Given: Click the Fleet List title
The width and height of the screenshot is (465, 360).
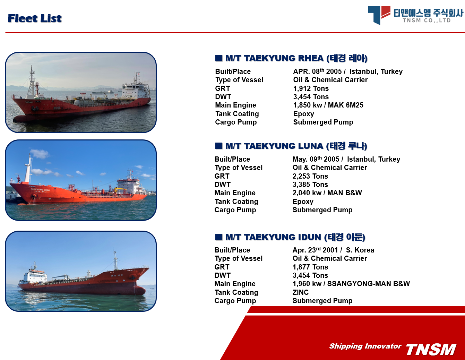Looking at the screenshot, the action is click(35, 18).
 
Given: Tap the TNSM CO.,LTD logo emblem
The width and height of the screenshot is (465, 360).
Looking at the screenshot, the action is click(379, 15).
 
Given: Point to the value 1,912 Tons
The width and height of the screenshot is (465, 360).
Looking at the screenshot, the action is click(311, 88).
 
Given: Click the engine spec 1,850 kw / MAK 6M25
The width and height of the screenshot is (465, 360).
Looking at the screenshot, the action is click(328, 105).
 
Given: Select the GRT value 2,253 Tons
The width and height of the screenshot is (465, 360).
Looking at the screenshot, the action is click(310, 176).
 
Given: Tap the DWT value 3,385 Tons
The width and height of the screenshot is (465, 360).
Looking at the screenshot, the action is click(310, 185).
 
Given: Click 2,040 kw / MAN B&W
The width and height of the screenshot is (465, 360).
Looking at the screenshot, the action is click(327, 193).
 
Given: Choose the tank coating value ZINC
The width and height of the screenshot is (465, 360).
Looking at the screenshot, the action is click(300, 292).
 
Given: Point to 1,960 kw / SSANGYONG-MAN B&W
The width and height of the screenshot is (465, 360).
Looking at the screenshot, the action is click(351, 284).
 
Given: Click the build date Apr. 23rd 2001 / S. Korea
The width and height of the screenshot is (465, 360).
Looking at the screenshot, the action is click(333, 250).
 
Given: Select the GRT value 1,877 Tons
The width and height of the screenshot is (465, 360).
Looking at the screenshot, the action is click(310, 267).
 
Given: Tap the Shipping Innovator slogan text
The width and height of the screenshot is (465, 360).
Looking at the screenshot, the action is click(365, 346).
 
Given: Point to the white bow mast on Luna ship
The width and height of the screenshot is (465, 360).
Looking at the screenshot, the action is click(28, 169).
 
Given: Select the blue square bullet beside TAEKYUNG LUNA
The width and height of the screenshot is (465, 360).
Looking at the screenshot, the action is click(218, 146).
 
